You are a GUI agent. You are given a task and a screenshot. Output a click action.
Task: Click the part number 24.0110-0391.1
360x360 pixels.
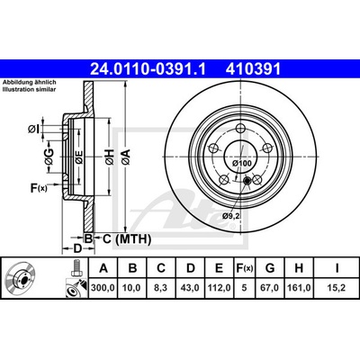pyautogui.click(x=148, y=69)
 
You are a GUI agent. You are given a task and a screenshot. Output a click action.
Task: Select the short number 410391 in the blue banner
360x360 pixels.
pyautogui.click(x=253, y=69)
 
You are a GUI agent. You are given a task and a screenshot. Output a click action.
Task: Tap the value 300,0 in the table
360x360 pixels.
pyautogui.click(x=103, y=288)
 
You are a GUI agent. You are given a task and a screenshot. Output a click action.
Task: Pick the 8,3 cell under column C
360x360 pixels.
pyautogui.click(x=161, y=288)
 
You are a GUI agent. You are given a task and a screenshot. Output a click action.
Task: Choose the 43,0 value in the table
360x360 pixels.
pyautogui.click(x=191, y=288)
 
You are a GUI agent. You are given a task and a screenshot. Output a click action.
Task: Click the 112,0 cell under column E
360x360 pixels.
pyautogui.click(x=220, y=288)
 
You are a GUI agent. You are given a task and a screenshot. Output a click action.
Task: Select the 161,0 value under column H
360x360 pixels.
pyautogui.click(x=299, y=288)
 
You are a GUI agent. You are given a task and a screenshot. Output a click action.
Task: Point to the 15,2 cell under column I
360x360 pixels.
pyautogui.click(x=337, y=288)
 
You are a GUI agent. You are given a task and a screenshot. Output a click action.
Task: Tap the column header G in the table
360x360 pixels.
pyautogui.click(x=270, y=268)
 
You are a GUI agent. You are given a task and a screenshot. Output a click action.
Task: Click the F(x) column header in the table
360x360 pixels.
pyautogui.click(x=245, y=268)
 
